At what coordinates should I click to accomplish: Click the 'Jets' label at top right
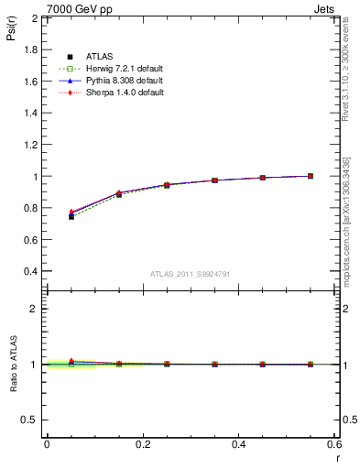[325, 7]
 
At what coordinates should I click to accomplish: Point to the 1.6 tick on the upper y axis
[29, 82]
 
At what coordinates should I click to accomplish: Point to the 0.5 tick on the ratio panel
[29, 420]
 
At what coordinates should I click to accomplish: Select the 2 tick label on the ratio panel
[34, 309]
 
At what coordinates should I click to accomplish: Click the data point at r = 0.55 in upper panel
[311, 176]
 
